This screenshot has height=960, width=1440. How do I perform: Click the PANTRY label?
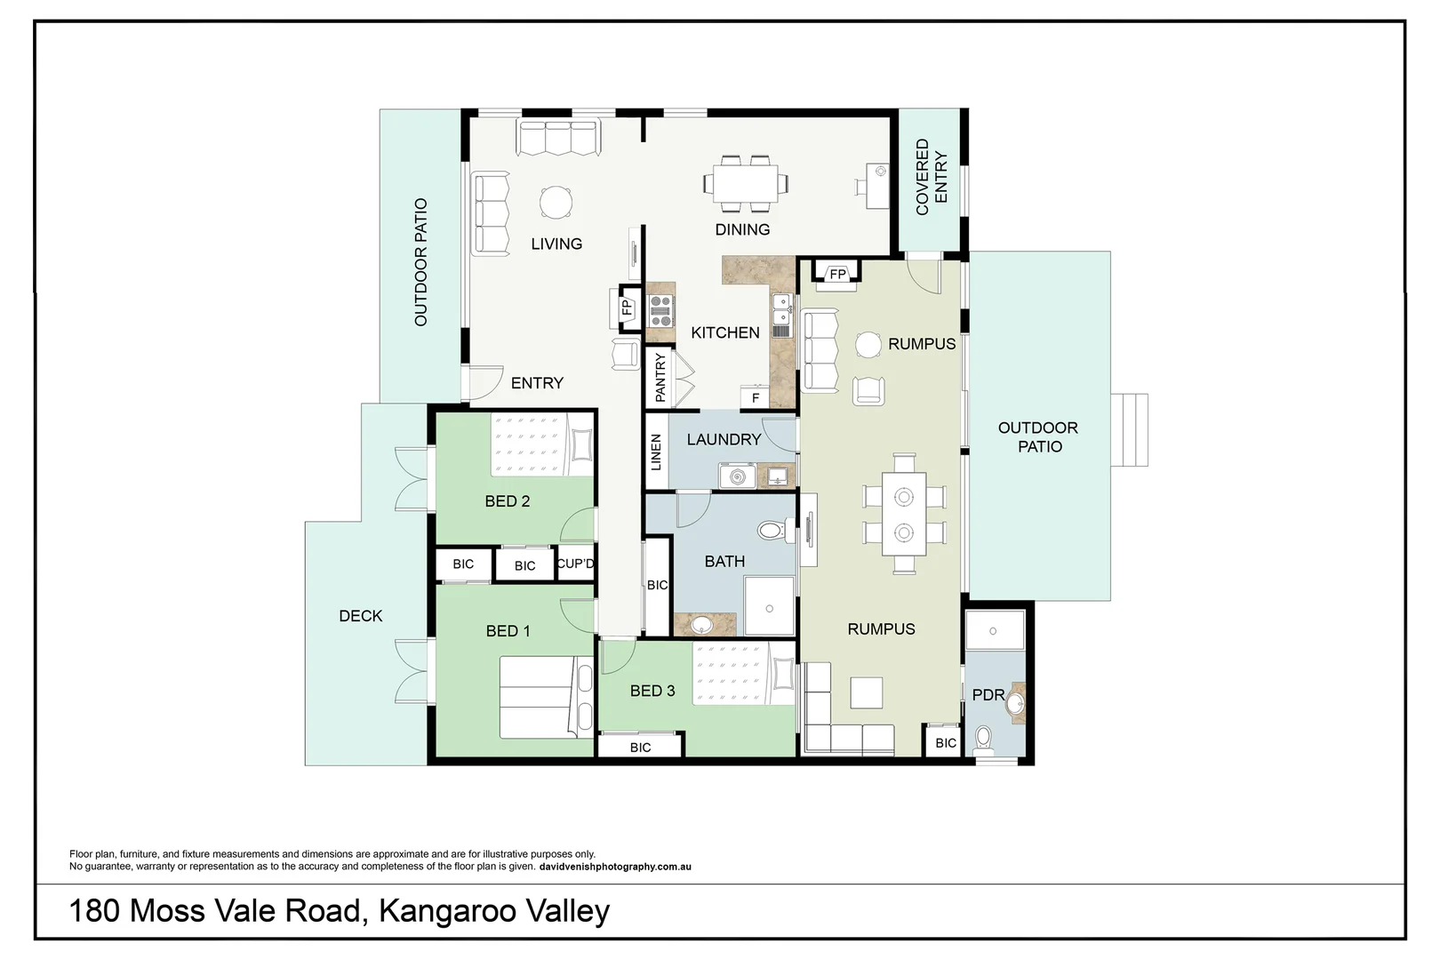660,377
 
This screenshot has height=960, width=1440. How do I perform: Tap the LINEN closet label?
656,452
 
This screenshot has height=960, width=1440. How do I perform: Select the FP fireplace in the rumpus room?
837,274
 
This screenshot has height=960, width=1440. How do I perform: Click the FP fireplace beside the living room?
627,308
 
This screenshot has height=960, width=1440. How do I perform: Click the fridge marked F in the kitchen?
755,397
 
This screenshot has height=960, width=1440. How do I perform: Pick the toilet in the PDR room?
983,739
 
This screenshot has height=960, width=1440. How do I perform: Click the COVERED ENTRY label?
931,176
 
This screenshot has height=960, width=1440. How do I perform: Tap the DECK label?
361,616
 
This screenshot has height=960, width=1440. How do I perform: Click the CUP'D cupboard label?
575,564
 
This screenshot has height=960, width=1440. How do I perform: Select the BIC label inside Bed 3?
640,748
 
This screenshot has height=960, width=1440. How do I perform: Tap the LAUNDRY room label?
724,439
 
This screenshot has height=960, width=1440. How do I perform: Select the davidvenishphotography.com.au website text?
615,867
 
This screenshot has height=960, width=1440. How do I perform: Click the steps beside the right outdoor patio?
1129,430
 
